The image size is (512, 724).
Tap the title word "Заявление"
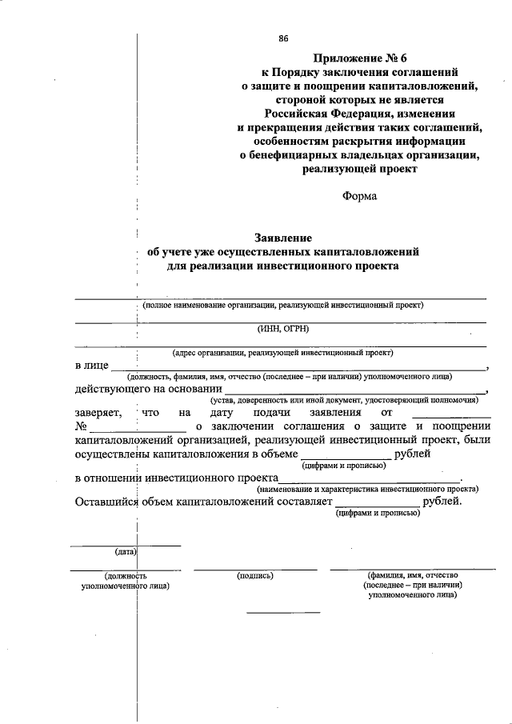(x=282, y=238)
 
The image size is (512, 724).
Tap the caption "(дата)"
(x=126, y=552)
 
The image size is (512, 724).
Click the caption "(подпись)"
(x=256, y=575)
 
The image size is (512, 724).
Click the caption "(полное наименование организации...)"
(x=282, y=305)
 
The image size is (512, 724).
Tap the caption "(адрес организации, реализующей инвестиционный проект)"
(x=282, y=352)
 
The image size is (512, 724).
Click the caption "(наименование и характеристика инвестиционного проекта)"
(x=367, y=488)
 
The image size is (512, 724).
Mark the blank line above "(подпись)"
(x=255, y=569)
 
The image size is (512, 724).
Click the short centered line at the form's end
(x=282, y=613)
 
